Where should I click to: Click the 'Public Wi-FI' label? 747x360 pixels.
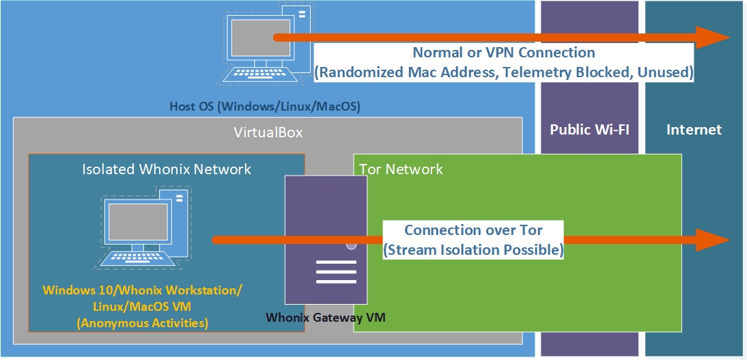click(x=589, y=130)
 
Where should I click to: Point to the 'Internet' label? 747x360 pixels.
click(x=694, y=130)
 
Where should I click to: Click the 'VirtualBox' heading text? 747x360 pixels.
click(x=268, y=133)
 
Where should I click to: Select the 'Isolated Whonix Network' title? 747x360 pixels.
click(x=167, y=169)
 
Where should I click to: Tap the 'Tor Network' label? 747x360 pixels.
click(x=401, y=169)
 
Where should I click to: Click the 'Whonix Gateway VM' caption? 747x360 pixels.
click(x=330, y=317)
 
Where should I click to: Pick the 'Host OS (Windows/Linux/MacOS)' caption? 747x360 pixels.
click(x=265, y=107)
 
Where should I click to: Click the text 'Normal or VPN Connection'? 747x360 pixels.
click(x=504, y=53)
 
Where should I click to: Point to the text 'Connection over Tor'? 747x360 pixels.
click(x=473, y=230)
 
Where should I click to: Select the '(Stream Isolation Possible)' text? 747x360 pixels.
click(x=473, y=250)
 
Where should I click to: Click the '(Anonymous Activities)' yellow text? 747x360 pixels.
click(x=142, y=322)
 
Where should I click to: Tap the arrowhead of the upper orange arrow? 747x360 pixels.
click(x=714, y=37)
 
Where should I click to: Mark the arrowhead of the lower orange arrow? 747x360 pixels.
click(x=714, y=240)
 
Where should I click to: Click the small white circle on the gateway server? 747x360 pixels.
click(x=351, y=245)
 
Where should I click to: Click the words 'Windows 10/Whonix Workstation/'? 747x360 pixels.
click(x=142, y=290)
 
